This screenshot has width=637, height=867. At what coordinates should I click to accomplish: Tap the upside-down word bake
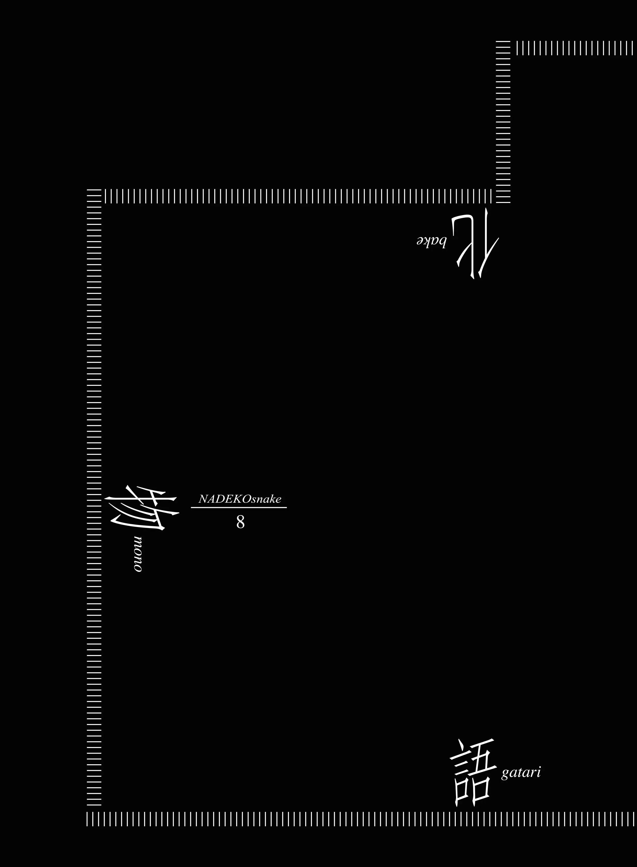[x=431, y=242]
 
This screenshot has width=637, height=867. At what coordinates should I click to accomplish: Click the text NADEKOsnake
[x=240, y=499]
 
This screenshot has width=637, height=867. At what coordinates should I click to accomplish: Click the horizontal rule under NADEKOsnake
[x=239, y=508]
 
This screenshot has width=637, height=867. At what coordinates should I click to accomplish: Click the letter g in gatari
[x=505, y=775]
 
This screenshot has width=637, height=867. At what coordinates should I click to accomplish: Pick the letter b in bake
[x=442, y=242]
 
